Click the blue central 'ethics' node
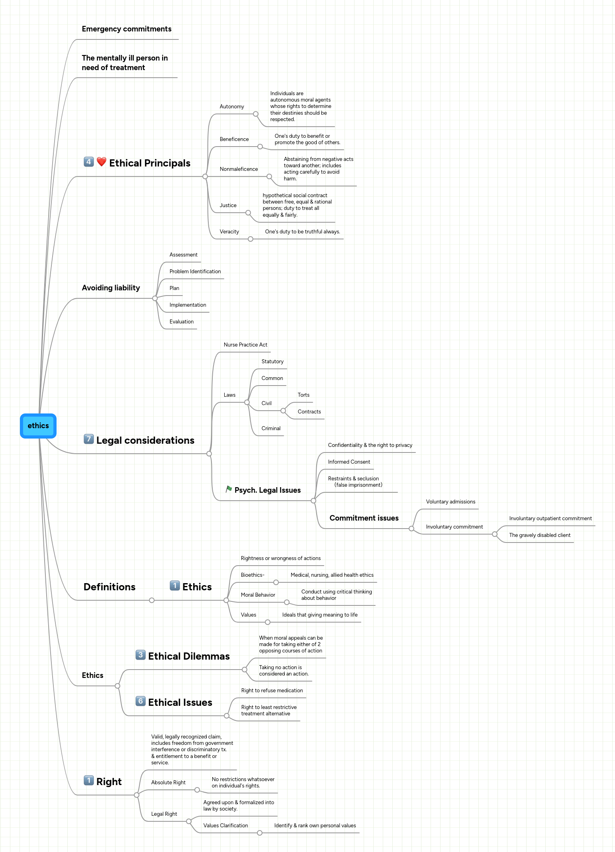pyautogui.click(x=38, y=426)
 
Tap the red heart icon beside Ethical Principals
pyautogui.click(x=102, y=162)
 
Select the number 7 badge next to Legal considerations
pyautogui.click(x=89, y=439)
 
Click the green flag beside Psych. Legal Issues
pyautogui.click(x=229, y=489)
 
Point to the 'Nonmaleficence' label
pyautogui.click(x=239, y=169)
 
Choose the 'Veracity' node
pyautogui.click(x=229, y=232)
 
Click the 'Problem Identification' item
pyautogui.click(x=195, y=272)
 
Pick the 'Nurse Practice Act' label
pyautogui.click(x=245, y=345)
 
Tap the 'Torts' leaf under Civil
pyautogui.click(x=303, y=395)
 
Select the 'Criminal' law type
pyautogui.click(x=271, y=429)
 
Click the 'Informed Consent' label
pyautogui.click(x=349, y=462)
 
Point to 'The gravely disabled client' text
pyautogui.click(x=539, y=535)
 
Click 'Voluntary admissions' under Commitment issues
pyautogui.click(x=450, y=502)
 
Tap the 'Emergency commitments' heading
pyautogui.click(x=126, y=29)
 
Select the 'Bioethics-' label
pyautogui.click(x=253, y=575)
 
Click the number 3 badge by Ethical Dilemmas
pyautogui.click(x=140, y=655)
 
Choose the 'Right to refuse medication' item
pyautogui.click(x=272, y=691)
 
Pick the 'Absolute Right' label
pyautogui.click(x=168, y=783)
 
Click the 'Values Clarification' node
pyautogui.click(x=225, y=826)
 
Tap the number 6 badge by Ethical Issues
pyautogui.click(x=140, y=701)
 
